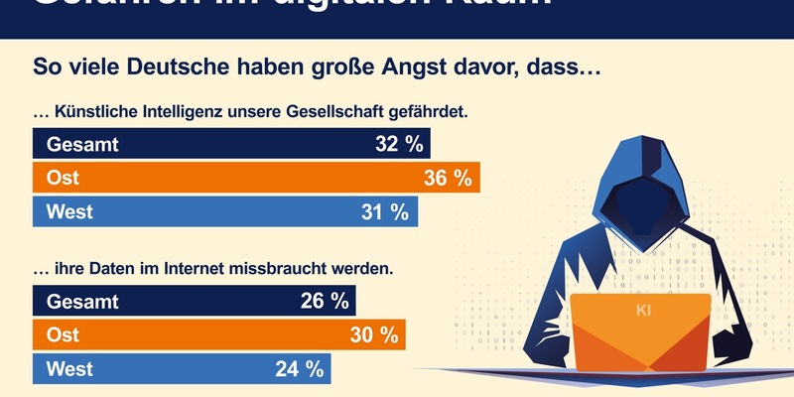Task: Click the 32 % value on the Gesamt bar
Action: (399, 145)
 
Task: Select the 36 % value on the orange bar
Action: (447, 179)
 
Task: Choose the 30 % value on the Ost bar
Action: (373, 335)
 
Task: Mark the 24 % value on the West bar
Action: (301, 369)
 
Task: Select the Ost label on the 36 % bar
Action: (58, 179)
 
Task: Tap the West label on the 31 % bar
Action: (65, 211)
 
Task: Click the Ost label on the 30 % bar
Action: (58, 335)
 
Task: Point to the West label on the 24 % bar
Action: (65, 369)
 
